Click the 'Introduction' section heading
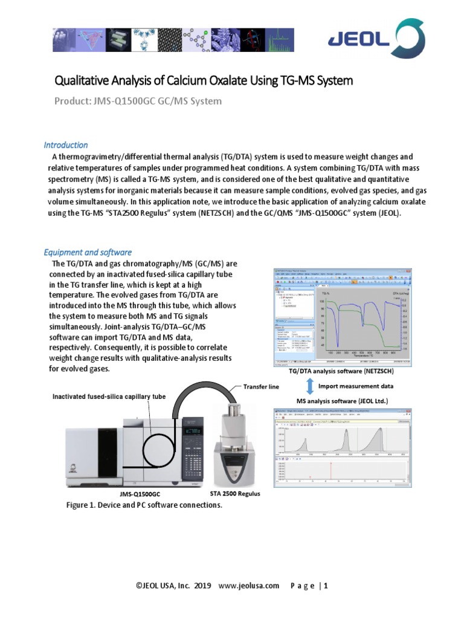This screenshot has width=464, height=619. point(66,145)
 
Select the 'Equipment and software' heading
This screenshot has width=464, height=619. point(88,252)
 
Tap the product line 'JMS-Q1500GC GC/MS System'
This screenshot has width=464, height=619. point(138,101)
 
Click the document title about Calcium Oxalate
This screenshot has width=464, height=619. point(204,80)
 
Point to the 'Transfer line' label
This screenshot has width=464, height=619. point(261,387)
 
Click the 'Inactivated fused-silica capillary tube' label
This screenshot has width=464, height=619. point(109,397)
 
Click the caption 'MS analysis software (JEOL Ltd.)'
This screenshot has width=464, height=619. point(341,401)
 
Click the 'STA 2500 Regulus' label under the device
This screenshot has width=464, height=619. point(235,494)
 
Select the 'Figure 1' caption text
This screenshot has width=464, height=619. point(144,505)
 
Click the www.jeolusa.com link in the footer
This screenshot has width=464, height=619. point(248,585)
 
